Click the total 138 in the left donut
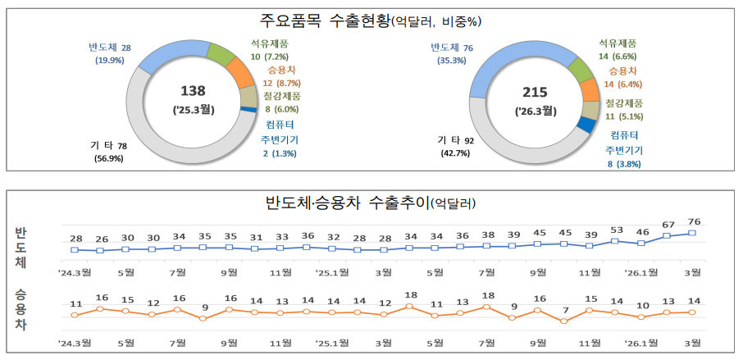[199, 91]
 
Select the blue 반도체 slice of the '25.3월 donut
[170, 55]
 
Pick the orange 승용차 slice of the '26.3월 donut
[589, 89]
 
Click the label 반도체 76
[452, 47]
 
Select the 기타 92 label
[456, 139]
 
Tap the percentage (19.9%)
[109, 61]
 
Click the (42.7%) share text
[456, 153]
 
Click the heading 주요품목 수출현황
[329, 20]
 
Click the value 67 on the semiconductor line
[668, 224]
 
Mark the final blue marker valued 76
[694, 233]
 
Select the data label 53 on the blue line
[616, 230]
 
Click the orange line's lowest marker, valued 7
[563, 321]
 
